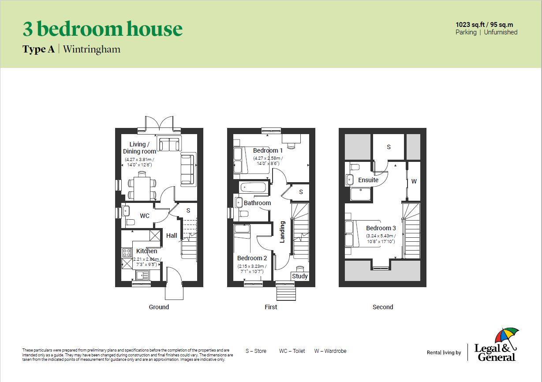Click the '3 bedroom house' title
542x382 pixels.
(x=102, y=29)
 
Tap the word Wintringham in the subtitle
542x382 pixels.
(x=92, y=49)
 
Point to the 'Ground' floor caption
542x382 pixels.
(x=159, y=307)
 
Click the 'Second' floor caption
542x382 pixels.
(x=382, y=307)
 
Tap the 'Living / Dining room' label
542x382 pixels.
(x=139, y=148)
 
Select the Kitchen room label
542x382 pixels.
(x=146, y=251)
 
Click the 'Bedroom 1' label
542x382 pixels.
(x=268, y=150)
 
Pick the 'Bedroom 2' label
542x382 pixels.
(x=252, y=258)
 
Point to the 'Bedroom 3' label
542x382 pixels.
(x=381, y=228)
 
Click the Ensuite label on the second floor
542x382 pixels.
(x=368, y=180)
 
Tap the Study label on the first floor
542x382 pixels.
(x=300, y=276)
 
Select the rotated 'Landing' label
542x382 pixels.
(x=282, y=232)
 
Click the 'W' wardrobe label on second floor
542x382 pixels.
(x=414, y=181)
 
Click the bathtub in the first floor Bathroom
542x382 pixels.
(x=254, y=187)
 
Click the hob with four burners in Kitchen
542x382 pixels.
(x=127, y=252)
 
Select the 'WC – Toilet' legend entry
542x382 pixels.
(x=292, y=351)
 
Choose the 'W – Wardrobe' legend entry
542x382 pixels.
(x=330, y=351)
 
